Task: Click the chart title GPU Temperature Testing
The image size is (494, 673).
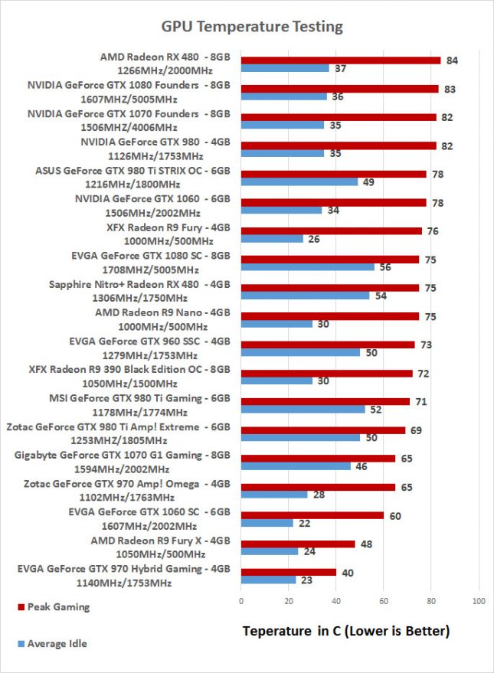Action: [x=251, y=27]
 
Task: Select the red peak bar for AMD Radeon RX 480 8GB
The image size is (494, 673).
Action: [x=341, y=60]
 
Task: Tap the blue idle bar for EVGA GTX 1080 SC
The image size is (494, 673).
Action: [x=308, y=267]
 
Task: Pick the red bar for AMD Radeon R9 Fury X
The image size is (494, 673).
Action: [x=298, y=544]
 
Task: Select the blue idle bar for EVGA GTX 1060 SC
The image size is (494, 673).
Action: [x=267, y=523]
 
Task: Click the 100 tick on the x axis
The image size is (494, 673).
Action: [x=479, y=600]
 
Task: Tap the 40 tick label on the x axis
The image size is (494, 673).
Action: [x=336, y=600]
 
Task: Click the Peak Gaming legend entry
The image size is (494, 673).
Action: [x=58, y=607]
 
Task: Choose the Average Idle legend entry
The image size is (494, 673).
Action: [x=57, y=644]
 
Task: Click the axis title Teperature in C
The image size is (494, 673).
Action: [x=345, y=632]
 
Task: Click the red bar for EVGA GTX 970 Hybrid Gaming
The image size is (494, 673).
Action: [x=289, y=572]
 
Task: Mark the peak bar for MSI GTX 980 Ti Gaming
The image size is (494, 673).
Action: [x=326, y=401]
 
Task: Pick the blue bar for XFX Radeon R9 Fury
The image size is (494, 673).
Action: [x=272, y=239]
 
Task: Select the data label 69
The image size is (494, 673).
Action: [x=416, y=430]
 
